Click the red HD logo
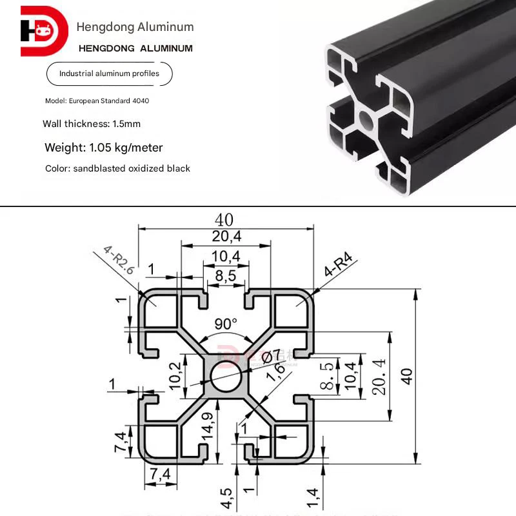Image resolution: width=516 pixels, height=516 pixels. pyautogui.click(x=44, y=31)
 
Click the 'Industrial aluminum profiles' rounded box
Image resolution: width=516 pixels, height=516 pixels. pyautogui.click(x=109, y=74)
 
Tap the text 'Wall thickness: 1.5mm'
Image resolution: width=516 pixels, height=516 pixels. pyautogui.click(x=92, y=124)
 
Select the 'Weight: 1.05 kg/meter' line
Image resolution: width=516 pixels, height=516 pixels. pyautogui.click(x=104, y=148)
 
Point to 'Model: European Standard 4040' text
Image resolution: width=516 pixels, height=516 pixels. pyautogui.click(x=97, y=101)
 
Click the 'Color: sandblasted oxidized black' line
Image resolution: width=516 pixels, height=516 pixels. pyautogui.click(x=117, y=168)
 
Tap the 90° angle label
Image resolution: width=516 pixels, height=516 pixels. pyautogui.click(x=226, y=324)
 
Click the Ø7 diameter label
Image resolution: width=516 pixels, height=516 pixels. pyautogui.click(x=272, y=354)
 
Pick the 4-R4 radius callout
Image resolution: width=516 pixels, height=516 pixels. pyautogui.click(x=339, y=266)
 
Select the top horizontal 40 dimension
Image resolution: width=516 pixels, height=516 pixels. pyautogui.click(x=224, y=221)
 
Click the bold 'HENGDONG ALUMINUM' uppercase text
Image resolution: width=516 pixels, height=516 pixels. pyautogui.click(x=135, y=48)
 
